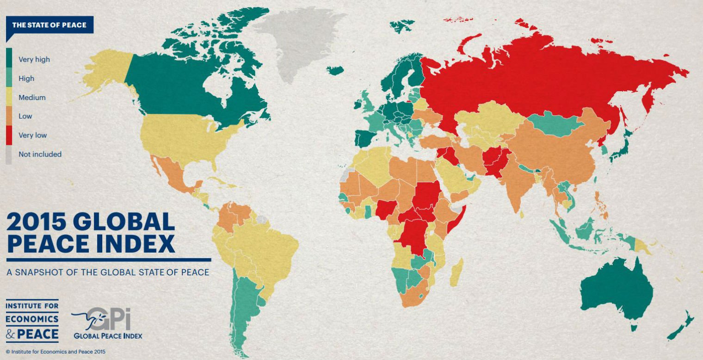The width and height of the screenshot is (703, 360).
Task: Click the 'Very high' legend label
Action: click(x=34, y=59)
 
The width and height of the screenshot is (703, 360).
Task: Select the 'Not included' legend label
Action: click(x=40, y=154)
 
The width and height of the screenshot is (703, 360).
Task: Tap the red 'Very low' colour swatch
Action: click(x=9, y=135)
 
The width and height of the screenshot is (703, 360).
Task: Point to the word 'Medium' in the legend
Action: click(x=32, y=97)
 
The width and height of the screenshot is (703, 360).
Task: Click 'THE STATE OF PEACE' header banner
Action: click(x=49, y=25)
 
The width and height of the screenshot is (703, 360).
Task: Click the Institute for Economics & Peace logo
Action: click(x=32, y=320)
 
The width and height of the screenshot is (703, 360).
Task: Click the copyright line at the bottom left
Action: click(x=55, y=352)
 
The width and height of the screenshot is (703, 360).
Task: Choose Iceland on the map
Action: click(x=335, y=70)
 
